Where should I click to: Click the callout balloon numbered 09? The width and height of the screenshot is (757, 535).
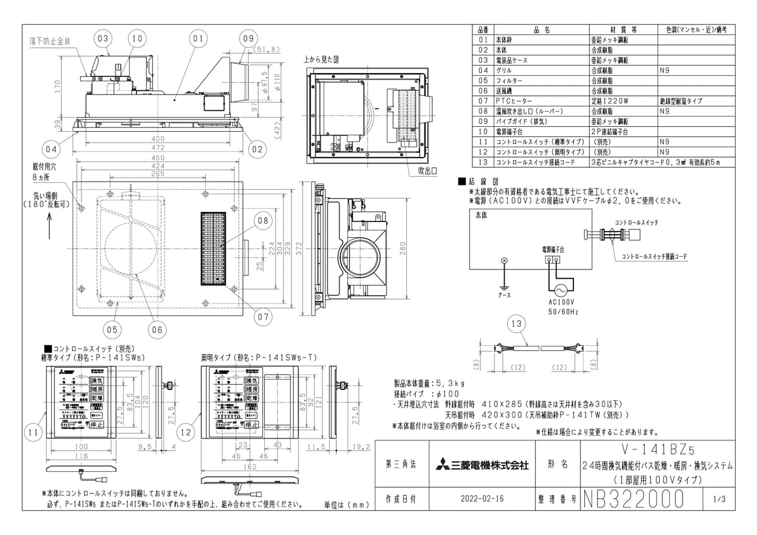tap(249, 38)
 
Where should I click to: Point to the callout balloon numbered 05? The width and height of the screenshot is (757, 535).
tap(111, 329)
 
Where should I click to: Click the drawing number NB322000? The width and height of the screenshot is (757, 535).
tap(633, 498)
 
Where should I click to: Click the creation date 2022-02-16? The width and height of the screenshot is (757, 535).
tap(482, 498)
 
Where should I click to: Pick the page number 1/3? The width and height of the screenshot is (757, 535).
tap(719, 498)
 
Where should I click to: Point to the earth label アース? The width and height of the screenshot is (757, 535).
tap(504, 295)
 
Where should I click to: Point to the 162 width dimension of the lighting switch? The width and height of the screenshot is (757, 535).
tap(251, 467)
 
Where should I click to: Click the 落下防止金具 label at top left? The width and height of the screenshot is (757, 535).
tap(50, 40)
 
